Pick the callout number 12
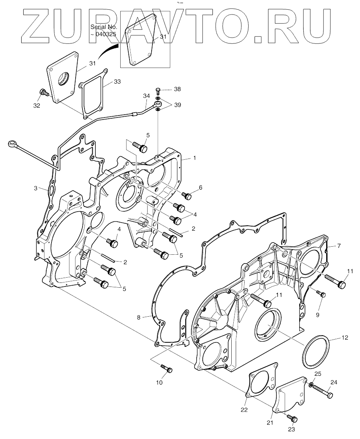(345, 338)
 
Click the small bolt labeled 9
(322, 295)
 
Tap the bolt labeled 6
(186, 196)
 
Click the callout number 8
(139, 317)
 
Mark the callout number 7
(339, 245)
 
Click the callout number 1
(194, 158)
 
